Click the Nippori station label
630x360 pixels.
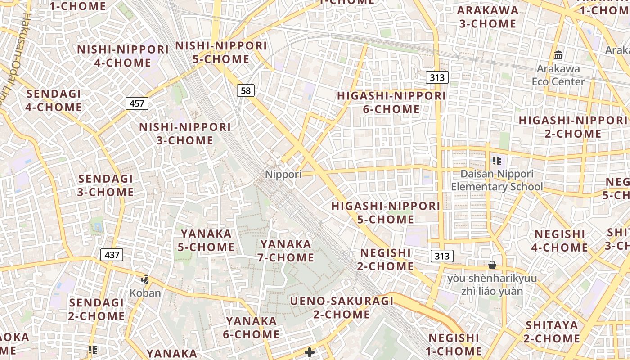click(283, 174)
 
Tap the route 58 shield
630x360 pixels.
click(246, 91)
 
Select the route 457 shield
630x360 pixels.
click(137, 104)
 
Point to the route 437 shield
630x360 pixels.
click(112, 255)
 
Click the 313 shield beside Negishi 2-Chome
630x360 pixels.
click(441, 256)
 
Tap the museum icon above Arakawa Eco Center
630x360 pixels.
click(558, 55)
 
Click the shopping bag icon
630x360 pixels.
click(492, 265)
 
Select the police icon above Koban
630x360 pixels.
click(145, 280)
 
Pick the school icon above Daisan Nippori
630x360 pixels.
click(497, 161)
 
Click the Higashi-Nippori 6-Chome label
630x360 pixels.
click(391, 103)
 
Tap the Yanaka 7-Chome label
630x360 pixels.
click(286, 251)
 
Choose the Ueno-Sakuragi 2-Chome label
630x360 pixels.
click(342, 308)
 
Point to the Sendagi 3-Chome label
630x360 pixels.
click(106, 185)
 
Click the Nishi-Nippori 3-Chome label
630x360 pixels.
click(185, 134)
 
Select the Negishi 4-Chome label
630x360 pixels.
click(560, 241)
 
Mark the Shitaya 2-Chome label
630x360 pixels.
click(552, 332)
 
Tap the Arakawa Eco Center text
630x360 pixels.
click(558, 75)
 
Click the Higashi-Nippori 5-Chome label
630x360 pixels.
click(386, 213)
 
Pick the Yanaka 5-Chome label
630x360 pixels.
click(207, 240)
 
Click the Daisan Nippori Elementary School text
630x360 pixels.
click(497, 180)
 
